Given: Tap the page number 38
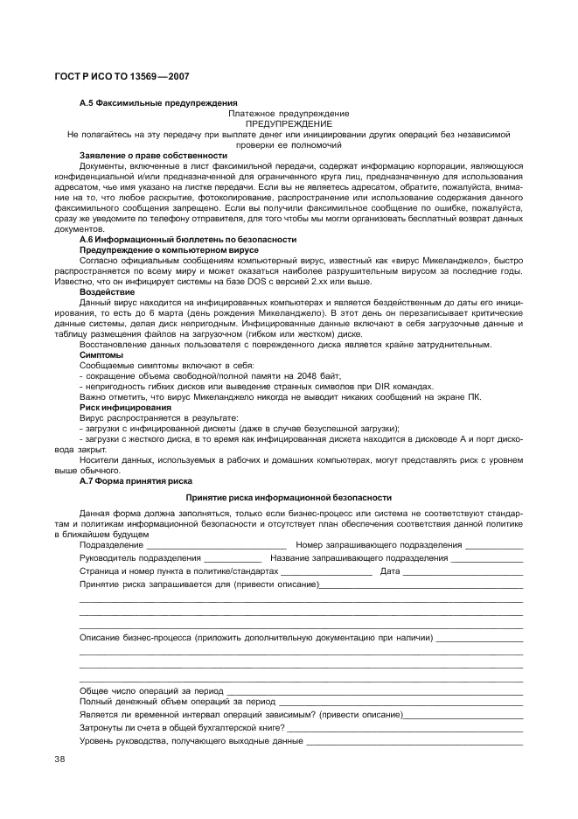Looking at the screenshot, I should point(60,758).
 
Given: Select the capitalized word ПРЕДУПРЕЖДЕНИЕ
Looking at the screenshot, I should point(289,124).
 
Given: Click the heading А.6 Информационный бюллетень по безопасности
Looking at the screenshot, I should point(188,239).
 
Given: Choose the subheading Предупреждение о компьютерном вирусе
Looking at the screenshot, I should point(163,249).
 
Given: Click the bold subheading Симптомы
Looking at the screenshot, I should point(101,355).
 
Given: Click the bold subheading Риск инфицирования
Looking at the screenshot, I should point(125,408).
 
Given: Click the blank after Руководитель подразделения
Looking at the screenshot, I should point(233,559).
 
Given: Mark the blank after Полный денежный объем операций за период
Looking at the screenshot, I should point(400,703).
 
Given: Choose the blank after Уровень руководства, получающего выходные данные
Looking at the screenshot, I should point(414,742).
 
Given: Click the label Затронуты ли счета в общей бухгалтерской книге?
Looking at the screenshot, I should point(183,728).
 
